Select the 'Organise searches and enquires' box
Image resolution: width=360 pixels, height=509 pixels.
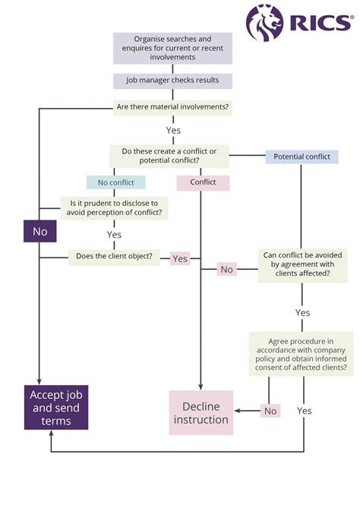tap(172, 48)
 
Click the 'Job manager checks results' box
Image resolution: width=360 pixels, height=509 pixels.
tap(172, 81)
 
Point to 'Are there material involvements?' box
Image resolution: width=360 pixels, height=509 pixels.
tap(172, 107)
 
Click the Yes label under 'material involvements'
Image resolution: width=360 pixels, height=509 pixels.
tap(173, 130)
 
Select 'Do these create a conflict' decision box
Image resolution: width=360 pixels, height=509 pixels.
tap(169, 156)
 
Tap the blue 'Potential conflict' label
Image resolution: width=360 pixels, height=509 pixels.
tap(302, 156)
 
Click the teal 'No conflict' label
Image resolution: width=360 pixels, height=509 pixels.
tap(115, 182)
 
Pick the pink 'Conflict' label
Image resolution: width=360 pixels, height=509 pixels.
tap(203, 182)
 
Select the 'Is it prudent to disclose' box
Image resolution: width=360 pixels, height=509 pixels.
tap(115, 207)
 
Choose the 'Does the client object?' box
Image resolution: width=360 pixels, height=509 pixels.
tap(114, 256)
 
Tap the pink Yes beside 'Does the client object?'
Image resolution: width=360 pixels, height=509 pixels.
tap(180, 258)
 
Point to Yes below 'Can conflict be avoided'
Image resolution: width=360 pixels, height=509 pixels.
tap(302, 312)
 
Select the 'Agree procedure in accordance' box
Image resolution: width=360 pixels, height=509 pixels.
tap(301, 353)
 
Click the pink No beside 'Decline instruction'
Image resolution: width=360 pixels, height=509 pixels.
tap(270, 410)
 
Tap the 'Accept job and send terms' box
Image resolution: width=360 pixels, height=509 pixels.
tap(55, 407)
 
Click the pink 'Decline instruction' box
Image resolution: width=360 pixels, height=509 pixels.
tap(201, 413)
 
